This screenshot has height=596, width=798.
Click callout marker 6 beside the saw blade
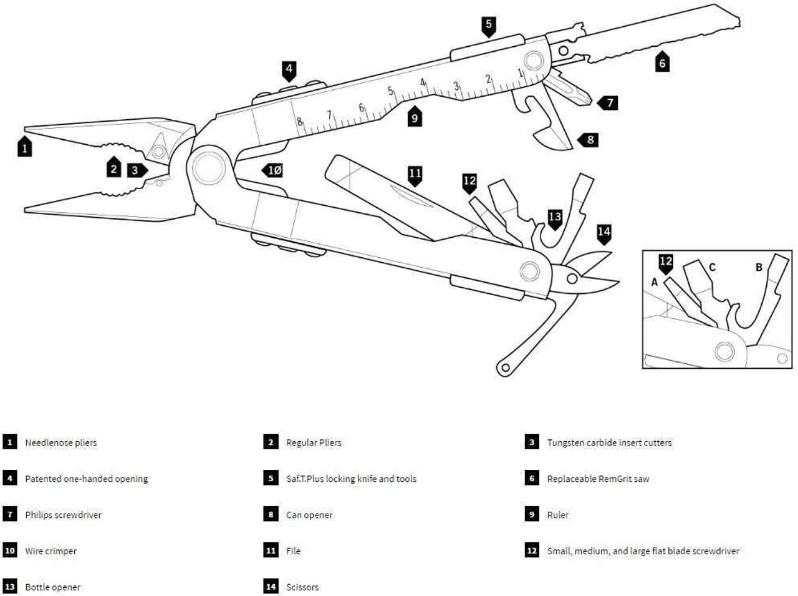point(662,62)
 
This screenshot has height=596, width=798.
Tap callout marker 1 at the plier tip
point(24,147)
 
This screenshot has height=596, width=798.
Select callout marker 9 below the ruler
point(415,117)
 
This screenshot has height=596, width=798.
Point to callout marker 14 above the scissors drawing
point(603,233)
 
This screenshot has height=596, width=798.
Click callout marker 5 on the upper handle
point(489,25)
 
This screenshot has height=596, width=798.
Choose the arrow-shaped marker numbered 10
point(274,170)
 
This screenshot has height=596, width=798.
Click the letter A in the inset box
point(655,282)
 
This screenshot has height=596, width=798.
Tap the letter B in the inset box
point(759,267)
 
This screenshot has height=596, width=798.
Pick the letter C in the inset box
point(712,267)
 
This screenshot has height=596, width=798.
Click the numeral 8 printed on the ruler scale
point(299,122)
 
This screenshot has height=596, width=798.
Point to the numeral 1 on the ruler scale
point(521,73)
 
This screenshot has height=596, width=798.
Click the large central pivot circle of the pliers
point(208,167)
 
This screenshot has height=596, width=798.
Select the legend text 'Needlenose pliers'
point(61,442)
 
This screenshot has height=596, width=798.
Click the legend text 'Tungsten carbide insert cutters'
point(609,442)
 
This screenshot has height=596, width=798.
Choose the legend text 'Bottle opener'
point(53,587)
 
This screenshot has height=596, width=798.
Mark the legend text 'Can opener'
point(309,515)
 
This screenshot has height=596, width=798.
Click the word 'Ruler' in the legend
point(558,515)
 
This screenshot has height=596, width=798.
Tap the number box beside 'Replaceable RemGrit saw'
point(532,479)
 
